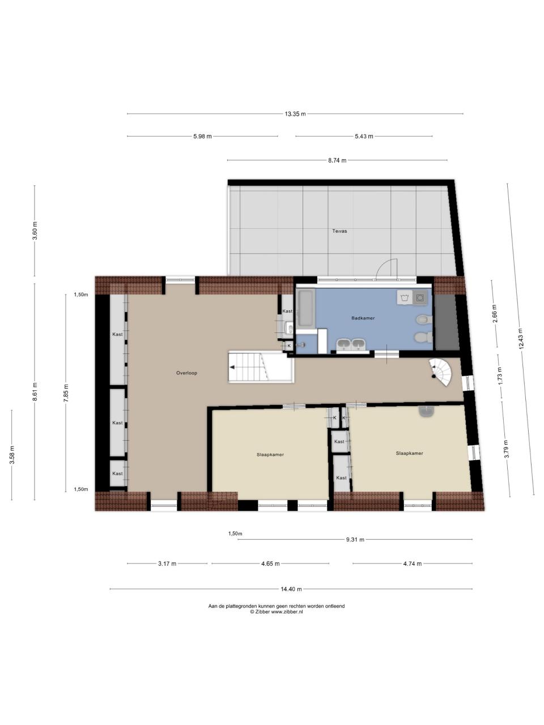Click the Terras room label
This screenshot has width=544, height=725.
pos(339,231)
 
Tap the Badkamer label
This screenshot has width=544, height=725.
pos(363,318)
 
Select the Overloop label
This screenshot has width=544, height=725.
pos(186,373)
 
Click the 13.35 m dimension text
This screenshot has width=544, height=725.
pos(295,114)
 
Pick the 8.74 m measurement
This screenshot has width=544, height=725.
pos(337,160)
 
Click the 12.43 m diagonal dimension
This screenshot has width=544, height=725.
pos(521,339)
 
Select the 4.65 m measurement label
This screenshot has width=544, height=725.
pos(270,564)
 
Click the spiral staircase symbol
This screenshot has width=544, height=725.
pos(441,373)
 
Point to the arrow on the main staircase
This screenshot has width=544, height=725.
pos(232,367)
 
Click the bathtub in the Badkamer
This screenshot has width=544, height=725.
pos(306,308)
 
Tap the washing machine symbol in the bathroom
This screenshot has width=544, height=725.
pos(420,298)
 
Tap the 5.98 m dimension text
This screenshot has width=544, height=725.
pos(202,137)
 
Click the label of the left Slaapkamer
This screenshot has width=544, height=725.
pos(270,455)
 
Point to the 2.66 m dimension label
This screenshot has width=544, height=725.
pos(494,314)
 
